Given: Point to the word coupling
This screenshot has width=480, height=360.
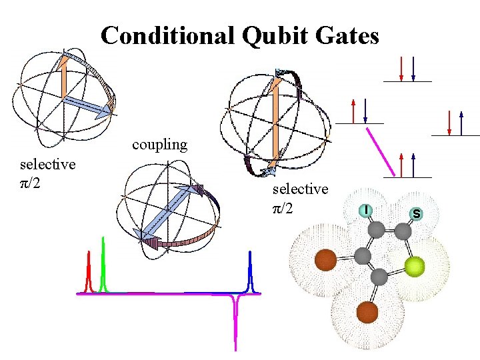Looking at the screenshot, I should (159, 144).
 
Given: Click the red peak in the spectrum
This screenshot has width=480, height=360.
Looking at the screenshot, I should (88, 273).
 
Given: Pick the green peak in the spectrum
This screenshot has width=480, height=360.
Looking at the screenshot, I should (103, 267).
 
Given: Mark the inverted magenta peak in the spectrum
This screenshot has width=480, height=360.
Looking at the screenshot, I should (235, 320).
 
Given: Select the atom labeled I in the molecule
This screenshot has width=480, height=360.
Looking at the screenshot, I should (366, 210).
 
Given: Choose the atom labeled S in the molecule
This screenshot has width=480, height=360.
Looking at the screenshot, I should (417, 214).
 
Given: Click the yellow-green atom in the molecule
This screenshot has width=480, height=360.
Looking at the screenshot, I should (415, 267).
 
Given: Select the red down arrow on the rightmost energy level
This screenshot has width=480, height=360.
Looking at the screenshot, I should (449, 123).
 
